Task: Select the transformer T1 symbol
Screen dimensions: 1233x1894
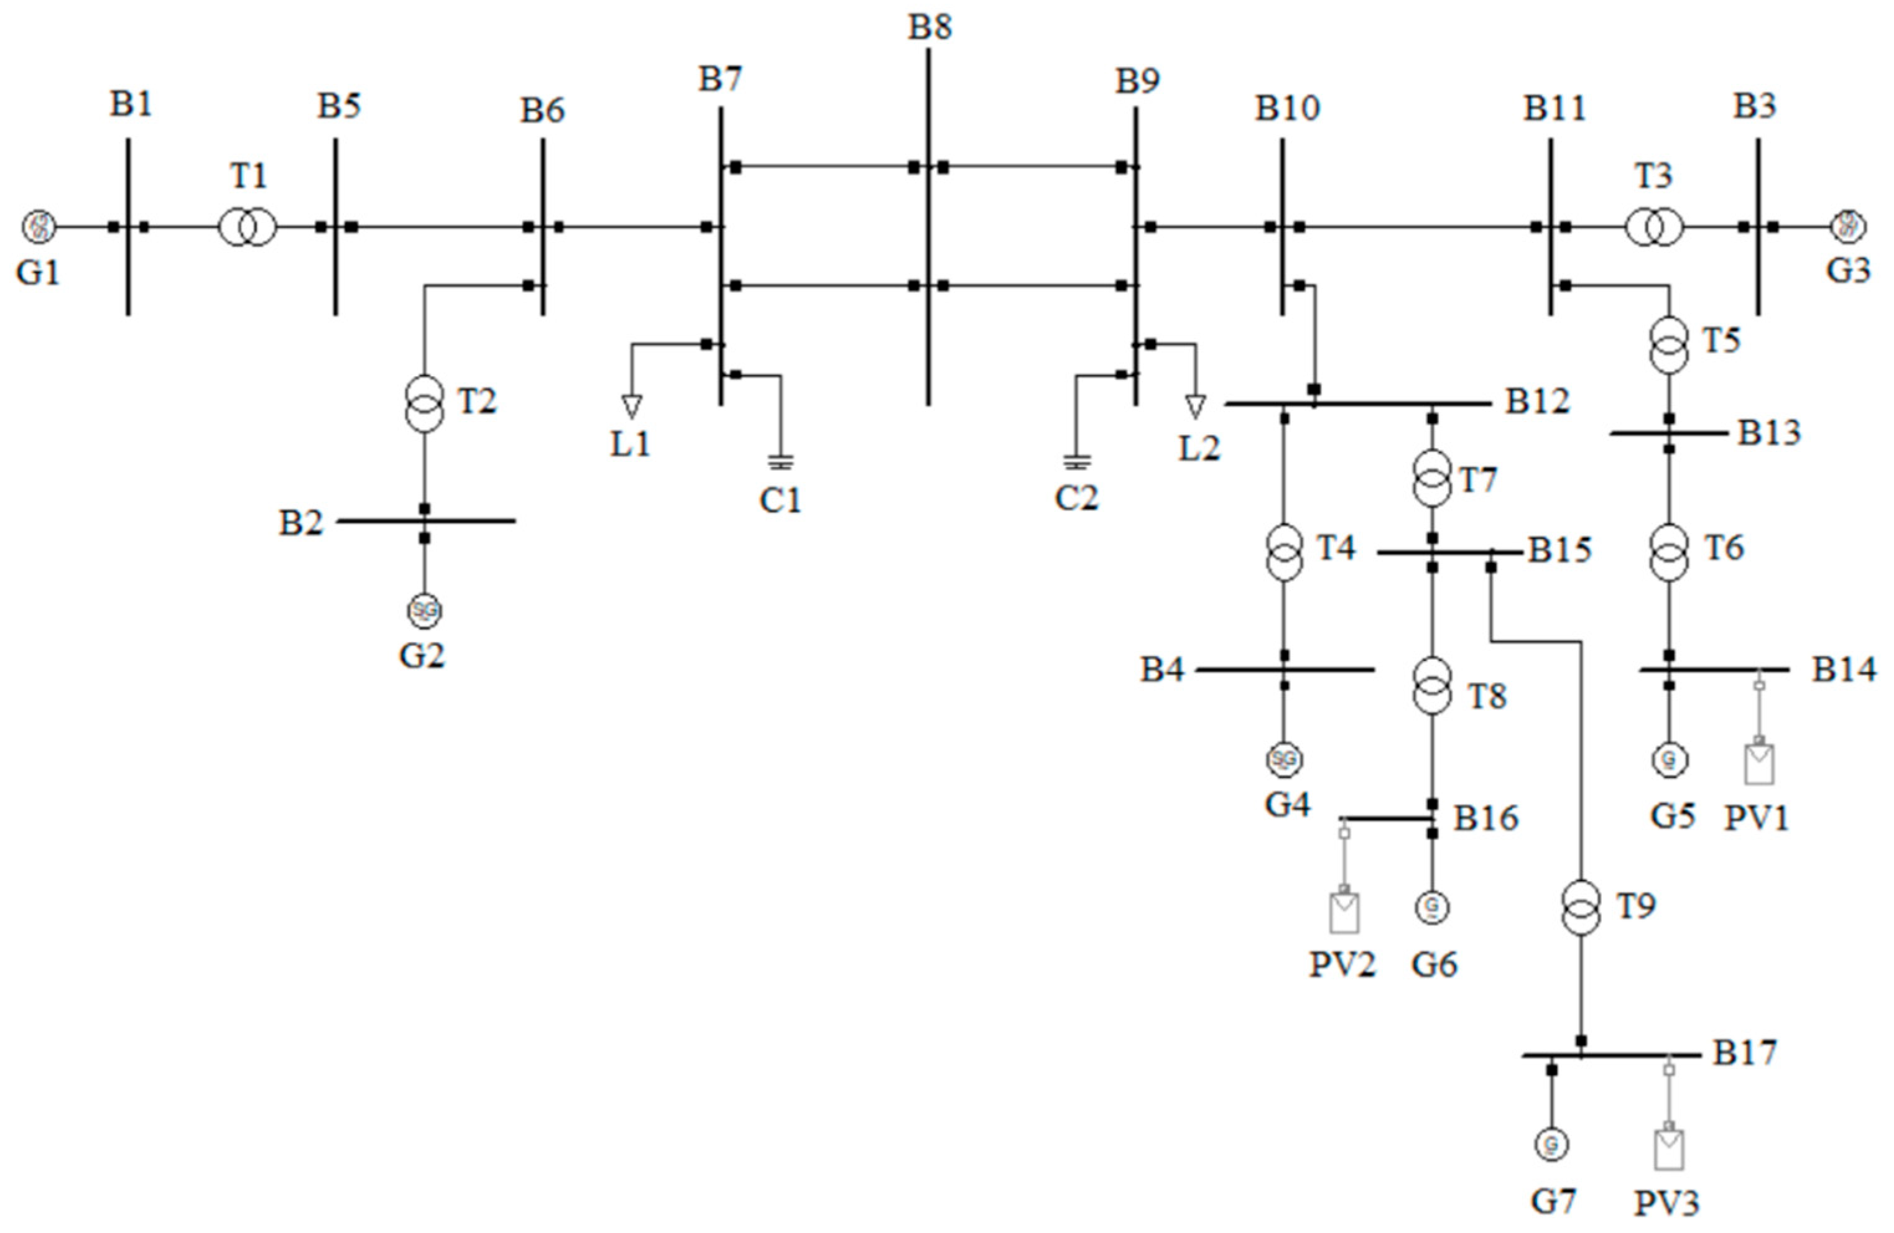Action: pos(247,228)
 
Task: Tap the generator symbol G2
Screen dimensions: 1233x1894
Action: pos(424,611)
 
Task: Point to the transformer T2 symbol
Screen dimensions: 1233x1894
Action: pos(425,404)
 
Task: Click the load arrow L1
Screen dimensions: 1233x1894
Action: pos(631,406)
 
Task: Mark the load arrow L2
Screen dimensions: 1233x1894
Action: pos(1194,407)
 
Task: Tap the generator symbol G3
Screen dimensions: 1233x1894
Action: pos(1849,226)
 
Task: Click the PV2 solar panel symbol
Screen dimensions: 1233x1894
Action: pos(1344,912)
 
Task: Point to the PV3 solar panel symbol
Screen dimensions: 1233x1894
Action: pos(1668,1148)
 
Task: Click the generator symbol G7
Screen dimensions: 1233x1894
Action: pos(1551,1145)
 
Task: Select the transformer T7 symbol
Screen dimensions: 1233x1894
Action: pos(1431,478)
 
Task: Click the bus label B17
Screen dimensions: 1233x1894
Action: pos(1744,1053)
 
